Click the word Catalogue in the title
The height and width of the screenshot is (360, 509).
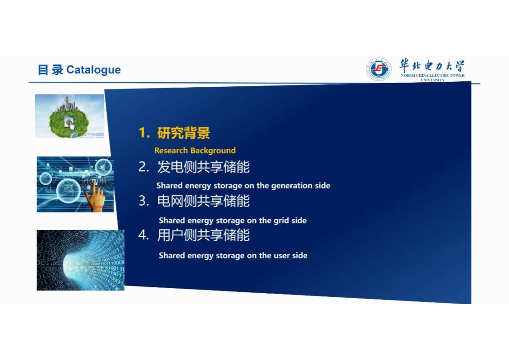click(x=93, y=70)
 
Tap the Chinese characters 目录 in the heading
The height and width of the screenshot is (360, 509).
click(x=50, y=70)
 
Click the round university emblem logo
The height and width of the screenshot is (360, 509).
click(x=378, y=69)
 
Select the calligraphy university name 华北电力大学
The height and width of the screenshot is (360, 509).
click(x=432, y=66)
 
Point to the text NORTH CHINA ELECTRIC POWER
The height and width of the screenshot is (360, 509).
click(x=433, y=75)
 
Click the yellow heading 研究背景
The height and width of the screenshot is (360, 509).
click(x=184, y=133)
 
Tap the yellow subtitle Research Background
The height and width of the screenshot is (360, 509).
click(x=195, y=150)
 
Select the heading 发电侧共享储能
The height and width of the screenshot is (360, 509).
click(x=204, y=167)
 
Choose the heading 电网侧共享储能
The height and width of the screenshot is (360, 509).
click(x=204, y=201)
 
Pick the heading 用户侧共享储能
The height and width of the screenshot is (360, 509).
click(x=204, y=235)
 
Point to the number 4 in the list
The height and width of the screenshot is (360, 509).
click(x=143, y=235)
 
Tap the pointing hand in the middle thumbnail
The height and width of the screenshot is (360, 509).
click(x=94, y=195)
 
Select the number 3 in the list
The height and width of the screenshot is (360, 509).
click(x=143, y=201)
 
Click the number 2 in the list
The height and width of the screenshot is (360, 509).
click(x=143, y=167)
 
